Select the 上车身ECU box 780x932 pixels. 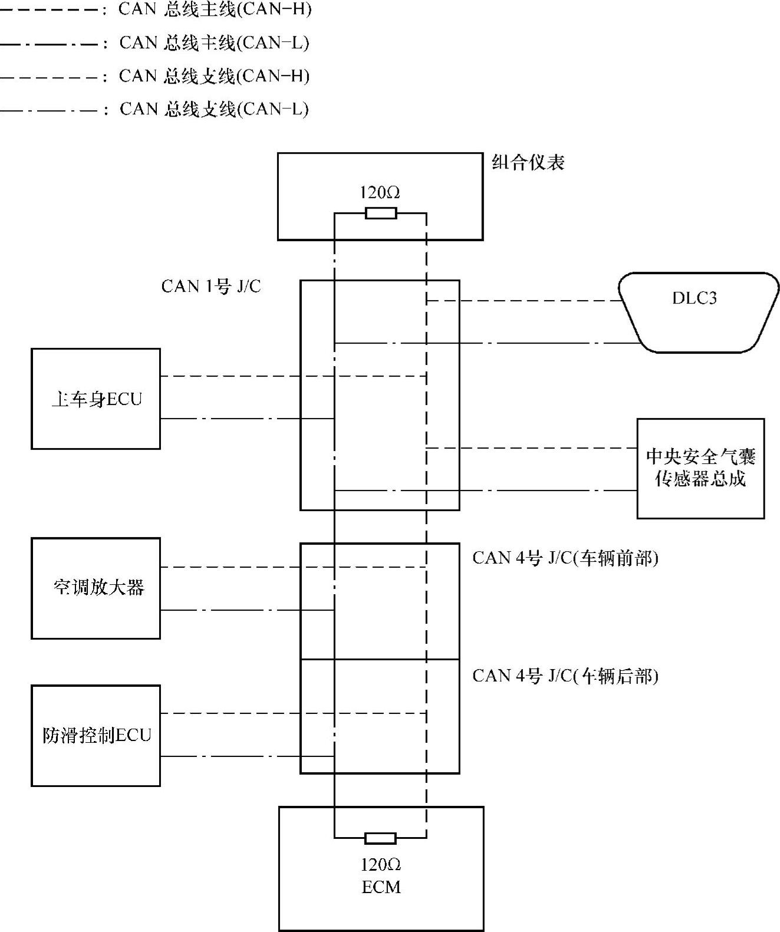pos(96,399)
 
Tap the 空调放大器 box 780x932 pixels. pos(96,588)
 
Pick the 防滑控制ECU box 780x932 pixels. pos(96,735)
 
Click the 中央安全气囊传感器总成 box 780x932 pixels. pos(700,468)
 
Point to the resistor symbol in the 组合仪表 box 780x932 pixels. pos(380,213)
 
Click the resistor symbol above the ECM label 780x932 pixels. pos(380,838)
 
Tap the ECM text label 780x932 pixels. pos(381,887)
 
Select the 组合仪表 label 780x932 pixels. pos(528,163)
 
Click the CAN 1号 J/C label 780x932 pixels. pos(211,286)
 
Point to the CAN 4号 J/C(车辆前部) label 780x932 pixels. pos(565,558)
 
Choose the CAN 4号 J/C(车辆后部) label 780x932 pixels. pos(565,676)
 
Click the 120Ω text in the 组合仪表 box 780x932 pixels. pos(380,193)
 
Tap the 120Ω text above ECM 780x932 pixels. pos(381,865)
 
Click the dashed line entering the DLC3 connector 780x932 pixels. pos(525,301)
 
